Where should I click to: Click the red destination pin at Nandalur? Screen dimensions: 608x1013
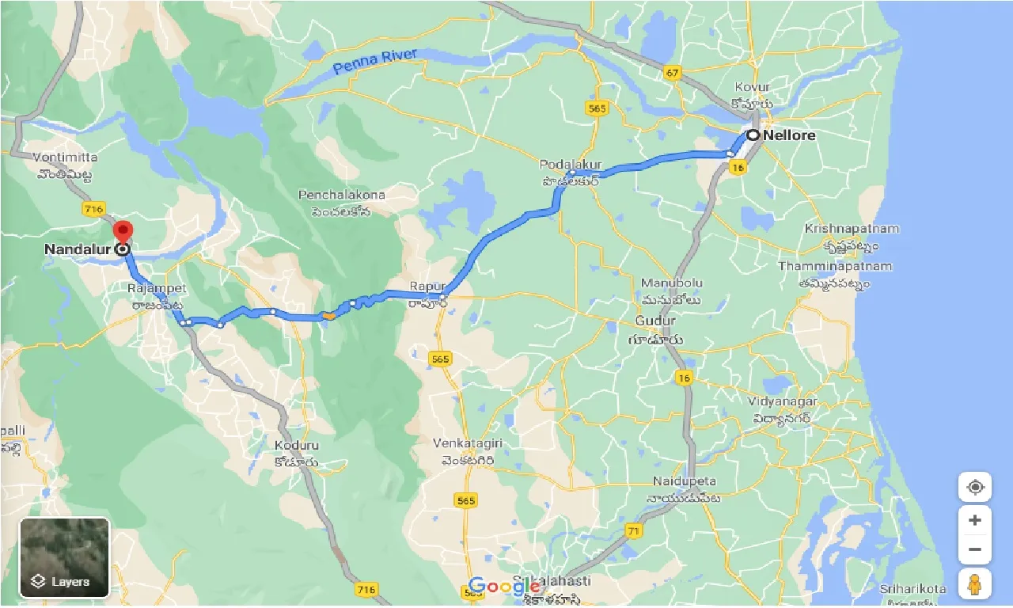[x=123, y=233]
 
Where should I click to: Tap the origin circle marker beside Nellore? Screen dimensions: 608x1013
[x=753, y=135]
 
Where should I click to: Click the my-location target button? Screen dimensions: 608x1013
[x=974, y=487]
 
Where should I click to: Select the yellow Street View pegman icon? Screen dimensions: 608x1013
[x=974, y=584]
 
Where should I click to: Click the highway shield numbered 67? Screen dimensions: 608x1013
[x=673, y=74]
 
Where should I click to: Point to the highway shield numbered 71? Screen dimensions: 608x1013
[x=632, y=530]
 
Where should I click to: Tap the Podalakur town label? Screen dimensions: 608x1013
[x=571, y=165]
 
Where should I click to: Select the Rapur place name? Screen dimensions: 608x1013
[x=428, y=286]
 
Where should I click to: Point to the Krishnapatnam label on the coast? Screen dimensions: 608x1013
[x=852, y=229]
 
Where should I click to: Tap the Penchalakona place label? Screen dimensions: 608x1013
[x=341, y=195]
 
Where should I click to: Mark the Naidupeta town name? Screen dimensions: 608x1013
[x=685, y=481]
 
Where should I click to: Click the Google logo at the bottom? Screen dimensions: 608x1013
[x=503, y=587]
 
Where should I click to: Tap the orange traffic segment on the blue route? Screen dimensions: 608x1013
[x=328, y=317]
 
